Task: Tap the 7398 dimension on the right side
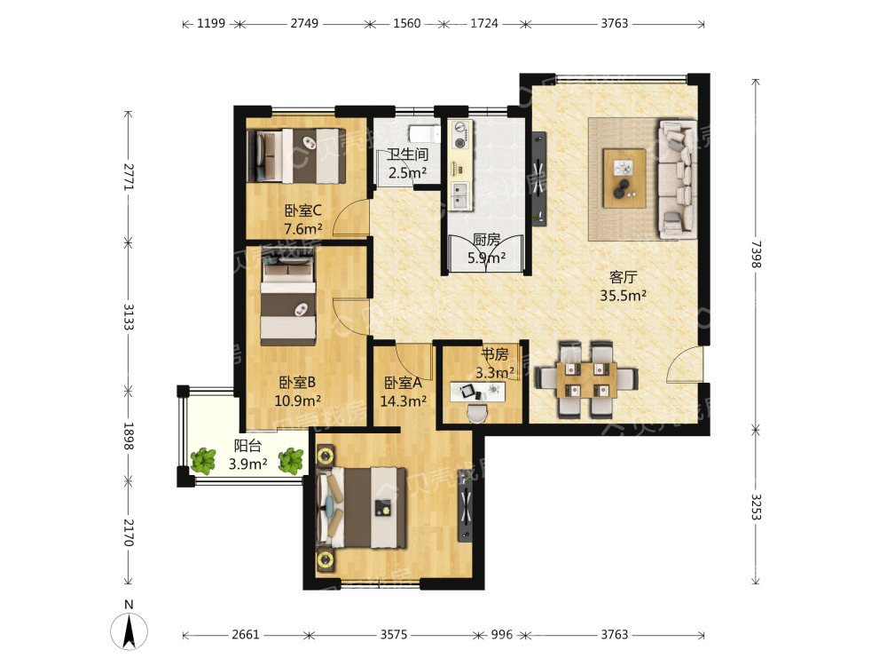(757, 254)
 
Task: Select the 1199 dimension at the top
(211, 24)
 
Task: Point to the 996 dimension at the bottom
(502, 634)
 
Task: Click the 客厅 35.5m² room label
(623, 286)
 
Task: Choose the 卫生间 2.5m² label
(407, 163)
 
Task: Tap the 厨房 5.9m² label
(486, 250)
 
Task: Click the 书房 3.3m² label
(495, 363)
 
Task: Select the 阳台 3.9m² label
(247, 455)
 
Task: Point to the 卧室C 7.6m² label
(303, 219)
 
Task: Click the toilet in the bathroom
(423, 133)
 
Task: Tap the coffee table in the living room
(624, 178)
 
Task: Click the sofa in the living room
(678, 178)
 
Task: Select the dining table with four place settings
(586, 380)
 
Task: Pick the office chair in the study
(477, 413)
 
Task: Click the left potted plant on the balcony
(203, 461)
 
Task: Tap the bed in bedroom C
(296, 155)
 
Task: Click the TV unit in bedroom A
(465, 507)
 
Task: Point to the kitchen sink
(459, 195)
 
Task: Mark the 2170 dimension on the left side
(129, 533)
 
